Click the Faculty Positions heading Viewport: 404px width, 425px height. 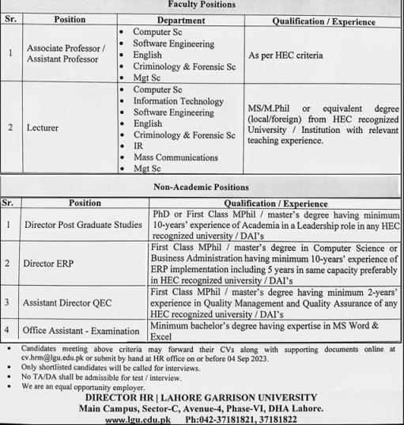click(x=201, y=5)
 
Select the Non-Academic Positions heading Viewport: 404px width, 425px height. click(x=201, y=188)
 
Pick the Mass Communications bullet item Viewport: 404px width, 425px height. click(x=176, y=157)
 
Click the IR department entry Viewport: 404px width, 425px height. click(x=139, y=146)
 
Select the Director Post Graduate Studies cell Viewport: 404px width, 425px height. click(x=83, y=226)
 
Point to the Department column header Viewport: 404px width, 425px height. click(x=180, y=19)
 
